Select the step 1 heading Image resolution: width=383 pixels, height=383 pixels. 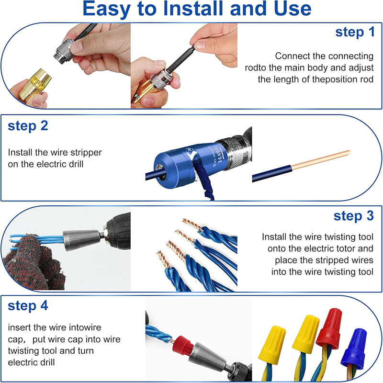point(355,32)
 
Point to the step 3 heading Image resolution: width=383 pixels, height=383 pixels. point(353,216)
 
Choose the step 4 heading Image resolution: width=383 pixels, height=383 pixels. point(28,305)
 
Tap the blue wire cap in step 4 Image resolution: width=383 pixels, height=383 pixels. point(353,349)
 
